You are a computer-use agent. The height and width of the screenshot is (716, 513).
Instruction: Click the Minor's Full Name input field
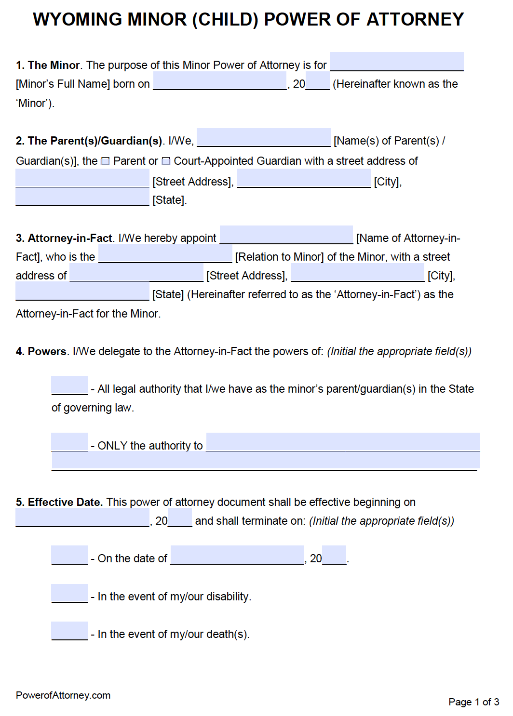click(396, 62)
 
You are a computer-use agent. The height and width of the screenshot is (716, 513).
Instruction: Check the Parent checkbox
click(106, 161)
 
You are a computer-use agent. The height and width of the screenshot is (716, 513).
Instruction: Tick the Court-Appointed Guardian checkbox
click(166, 161)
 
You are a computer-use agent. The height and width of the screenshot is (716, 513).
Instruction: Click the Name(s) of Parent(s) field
click(263, 138)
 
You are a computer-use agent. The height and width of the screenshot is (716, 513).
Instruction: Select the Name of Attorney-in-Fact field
click(286, 235)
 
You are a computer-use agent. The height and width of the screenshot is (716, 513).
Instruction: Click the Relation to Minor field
click(165, 254)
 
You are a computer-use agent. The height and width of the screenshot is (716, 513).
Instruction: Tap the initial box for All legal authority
click(69, 385)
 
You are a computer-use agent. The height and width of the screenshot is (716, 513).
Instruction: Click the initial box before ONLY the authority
click(69, 442)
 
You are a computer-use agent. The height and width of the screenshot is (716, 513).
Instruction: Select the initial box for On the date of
click(69, 555)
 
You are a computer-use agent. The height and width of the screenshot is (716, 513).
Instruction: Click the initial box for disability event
click(69, 593)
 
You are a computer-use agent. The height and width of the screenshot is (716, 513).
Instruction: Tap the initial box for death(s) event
click(69, 631)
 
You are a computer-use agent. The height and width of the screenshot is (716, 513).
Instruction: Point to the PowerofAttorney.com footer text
click(63, 695)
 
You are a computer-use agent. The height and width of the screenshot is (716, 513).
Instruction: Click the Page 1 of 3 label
click(473, 702)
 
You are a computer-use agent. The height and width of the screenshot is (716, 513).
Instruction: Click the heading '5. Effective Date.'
click(59, 502)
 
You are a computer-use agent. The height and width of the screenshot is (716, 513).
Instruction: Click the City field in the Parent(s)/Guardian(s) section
click(304, 179)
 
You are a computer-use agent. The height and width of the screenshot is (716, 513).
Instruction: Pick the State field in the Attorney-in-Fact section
click(82, 292)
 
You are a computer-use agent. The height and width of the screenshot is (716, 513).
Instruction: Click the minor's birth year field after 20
click(318, 81)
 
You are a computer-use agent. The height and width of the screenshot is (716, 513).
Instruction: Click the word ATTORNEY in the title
click(415, 20)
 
